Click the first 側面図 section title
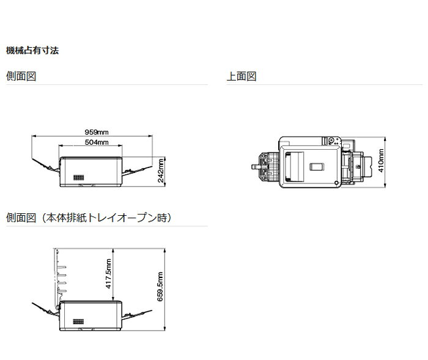pyautogui.click(x=23, y=76)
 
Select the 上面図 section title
pyautogui.click(x=242, y=76)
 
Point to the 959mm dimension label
pyautogui.click(x=97, y=132)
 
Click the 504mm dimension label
pyautogui.click(x=97, y=142)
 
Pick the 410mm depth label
pyautogui.click(x=382, y=161)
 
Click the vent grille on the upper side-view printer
pyautogui.click(x=78, y=177)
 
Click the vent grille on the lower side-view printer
pyautogui.click(x=78, y=321)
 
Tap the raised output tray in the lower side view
pyautogui.click(x=60, y=275)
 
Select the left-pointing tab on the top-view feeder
pyautogui.click(x=254, y=165)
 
